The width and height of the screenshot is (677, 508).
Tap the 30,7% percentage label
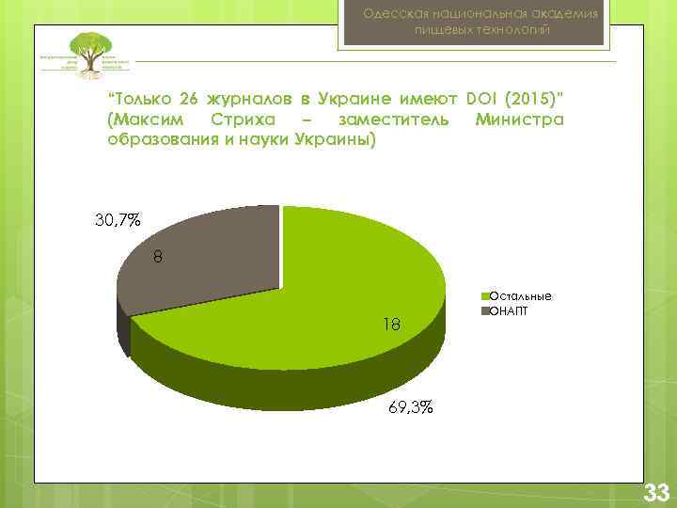[118, 221]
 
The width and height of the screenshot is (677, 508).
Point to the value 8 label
[159, 257]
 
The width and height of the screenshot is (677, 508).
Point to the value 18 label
[392, 325]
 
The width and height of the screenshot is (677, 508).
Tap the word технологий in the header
[517, 31]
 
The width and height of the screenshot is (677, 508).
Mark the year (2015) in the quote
[537, 100]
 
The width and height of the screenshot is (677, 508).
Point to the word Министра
[519, 120]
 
